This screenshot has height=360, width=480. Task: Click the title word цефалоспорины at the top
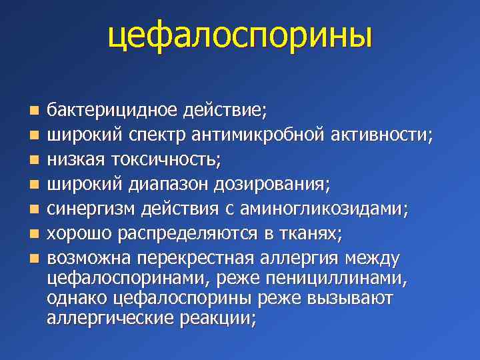(239, 37)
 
